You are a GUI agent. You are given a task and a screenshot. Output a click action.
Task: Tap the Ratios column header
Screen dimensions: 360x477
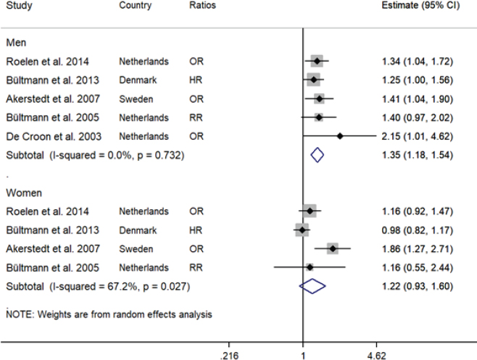click(202, 6)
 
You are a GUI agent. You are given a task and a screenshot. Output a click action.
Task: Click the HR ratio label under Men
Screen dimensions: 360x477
click(195, 80)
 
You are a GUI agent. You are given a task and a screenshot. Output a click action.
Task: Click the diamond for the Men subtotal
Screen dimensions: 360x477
click(316, 154)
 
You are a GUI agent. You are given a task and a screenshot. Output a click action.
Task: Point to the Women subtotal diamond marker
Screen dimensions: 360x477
click(313, 287)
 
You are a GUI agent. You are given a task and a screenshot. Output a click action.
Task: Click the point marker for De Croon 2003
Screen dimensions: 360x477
click(340, 135)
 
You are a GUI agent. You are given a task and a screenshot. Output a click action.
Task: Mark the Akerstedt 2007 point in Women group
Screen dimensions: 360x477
click(333, 249)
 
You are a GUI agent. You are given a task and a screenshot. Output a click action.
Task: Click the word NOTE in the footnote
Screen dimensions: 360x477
click(17, 314)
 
